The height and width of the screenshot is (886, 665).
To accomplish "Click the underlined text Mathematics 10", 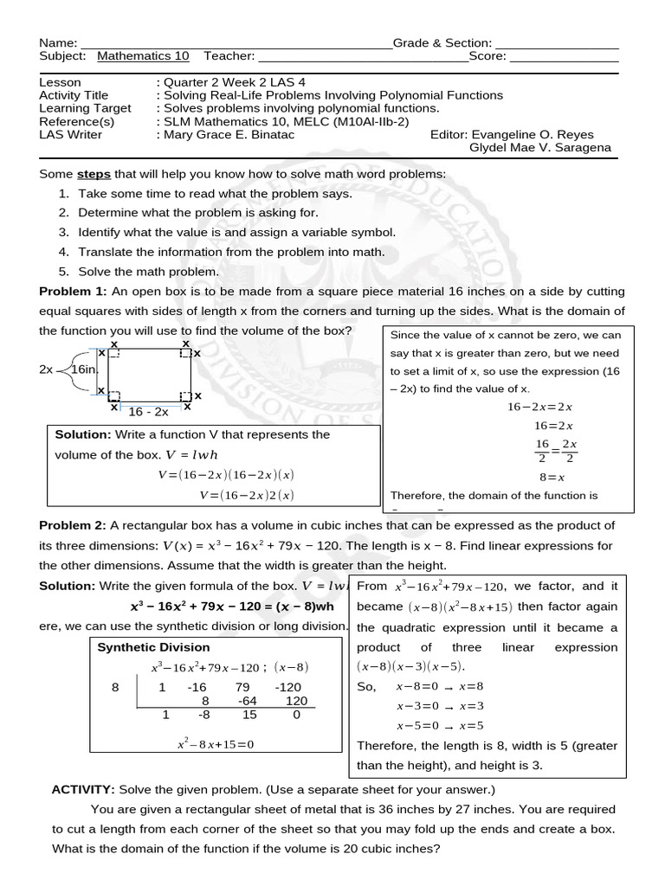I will pyautogui.click(x=143, y=56).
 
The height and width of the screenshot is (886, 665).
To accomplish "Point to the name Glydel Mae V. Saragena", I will pyautogui.click(x=539, y=148).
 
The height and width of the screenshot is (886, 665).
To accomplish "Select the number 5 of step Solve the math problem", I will pyautogui.click(x=63, y=272).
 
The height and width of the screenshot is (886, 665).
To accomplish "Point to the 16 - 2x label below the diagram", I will pyautogui.click(x=149, y=413).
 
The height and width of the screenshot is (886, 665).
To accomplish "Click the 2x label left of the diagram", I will pyautogui.click(x=46, y=369).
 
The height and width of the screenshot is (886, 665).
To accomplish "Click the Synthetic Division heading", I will pyautogui.click(x=153, y=647).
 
